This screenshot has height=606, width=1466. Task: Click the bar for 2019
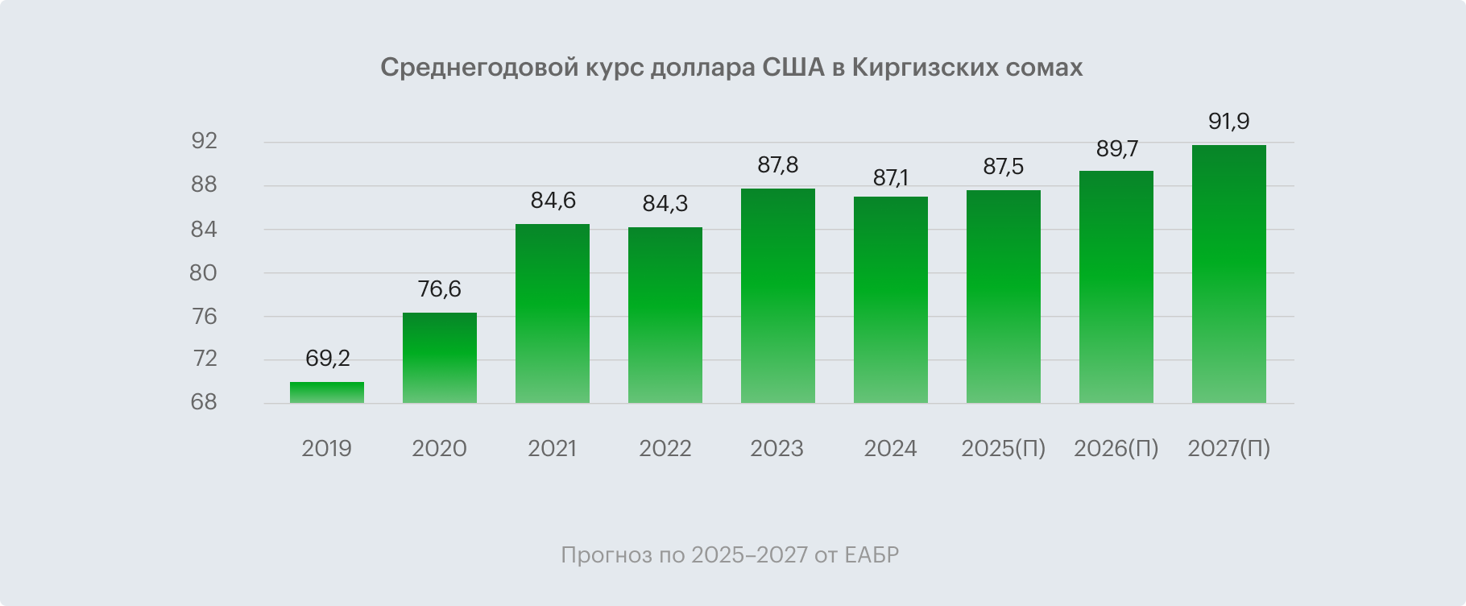point(326,392)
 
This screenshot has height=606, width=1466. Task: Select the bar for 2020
point(439,358)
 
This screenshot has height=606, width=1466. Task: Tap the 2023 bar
point(777,296)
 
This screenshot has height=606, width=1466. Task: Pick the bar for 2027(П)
point(1228,274)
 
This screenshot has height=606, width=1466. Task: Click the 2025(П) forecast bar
point(1003,297)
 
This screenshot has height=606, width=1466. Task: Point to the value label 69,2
point(327,358)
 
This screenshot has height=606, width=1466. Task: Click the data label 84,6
point(553,200)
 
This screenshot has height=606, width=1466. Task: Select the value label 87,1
point(890,177)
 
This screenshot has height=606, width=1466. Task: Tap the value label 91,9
point(1228,122)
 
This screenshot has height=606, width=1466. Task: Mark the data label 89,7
point(1116,148)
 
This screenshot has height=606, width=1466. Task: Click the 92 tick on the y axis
point(204,142)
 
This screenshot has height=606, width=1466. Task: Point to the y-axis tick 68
point(204,402)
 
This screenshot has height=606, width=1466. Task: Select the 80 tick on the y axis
point(203,273)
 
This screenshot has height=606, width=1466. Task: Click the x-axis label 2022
point(665,449)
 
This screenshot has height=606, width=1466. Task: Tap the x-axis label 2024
point(890,449)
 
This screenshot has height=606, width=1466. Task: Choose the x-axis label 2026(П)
point(1116,449)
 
